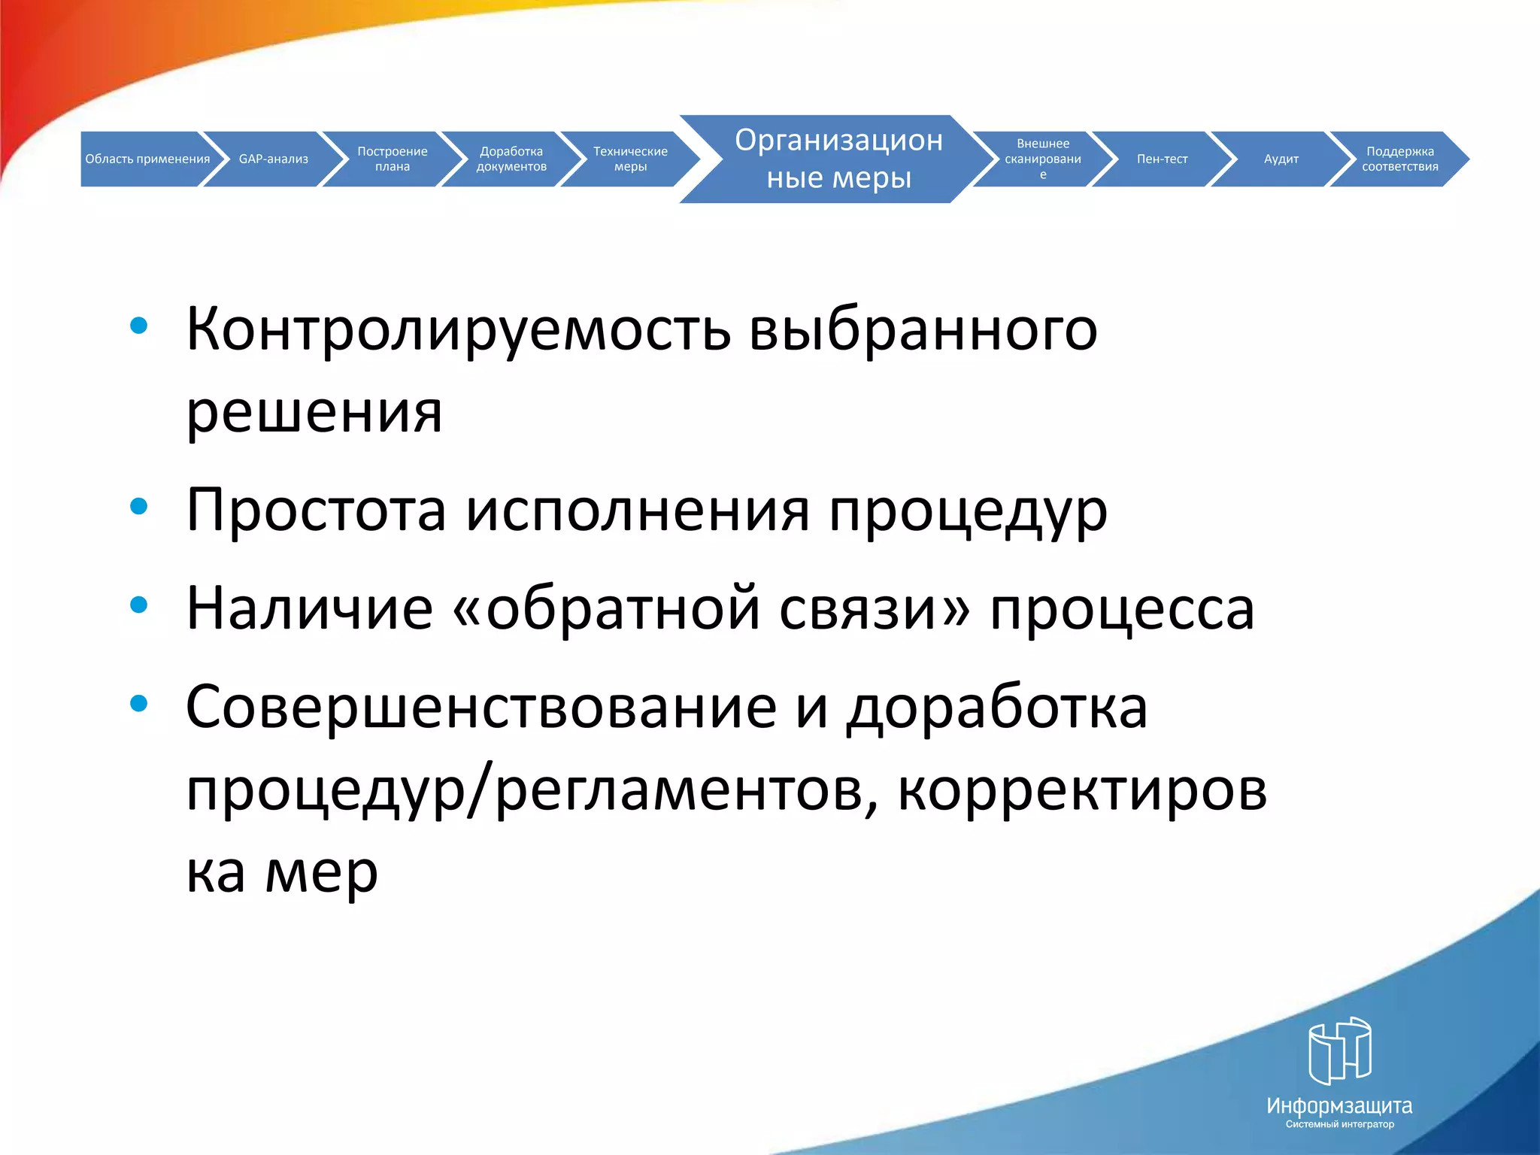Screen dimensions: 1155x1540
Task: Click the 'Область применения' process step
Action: point(147,159)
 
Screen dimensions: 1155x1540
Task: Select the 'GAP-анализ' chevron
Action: point(274,159)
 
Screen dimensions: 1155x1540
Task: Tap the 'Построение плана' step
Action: point(392,159)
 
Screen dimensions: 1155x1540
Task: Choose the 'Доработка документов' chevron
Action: point(511,159)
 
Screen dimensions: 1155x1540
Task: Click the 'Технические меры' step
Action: point(630,159)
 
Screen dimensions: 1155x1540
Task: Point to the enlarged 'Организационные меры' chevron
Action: point(838,159)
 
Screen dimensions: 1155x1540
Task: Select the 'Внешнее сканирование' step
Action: point(1042,159)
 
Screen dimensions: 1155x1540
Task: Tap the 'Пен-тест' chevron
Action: point(1162,159)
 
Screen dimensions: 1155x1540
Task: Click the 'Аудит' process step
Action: point(1281,159)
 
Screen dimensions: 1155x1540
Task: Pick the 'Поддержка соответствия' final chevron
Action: point(1399,159)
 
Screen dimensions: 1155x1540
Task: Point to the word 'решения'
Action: point(314,413)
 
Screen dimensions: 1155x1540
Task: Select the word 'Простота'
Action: point(316,511)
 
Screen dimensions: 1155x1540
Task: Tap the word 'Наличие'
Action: point(309,608)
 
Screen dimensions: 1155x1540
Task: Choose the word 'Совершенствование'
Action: point(480,708)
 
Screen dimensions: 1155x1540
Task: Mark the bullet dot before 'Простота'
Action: point(138,507)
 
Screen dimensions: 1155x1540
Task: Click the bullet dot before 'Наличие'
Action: point(138,605)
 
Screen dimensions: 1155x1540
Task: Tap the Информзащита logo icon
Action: point(1339,1050)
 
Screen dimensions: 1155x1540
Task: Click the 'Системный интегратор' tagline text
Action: point(1339,1124)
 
